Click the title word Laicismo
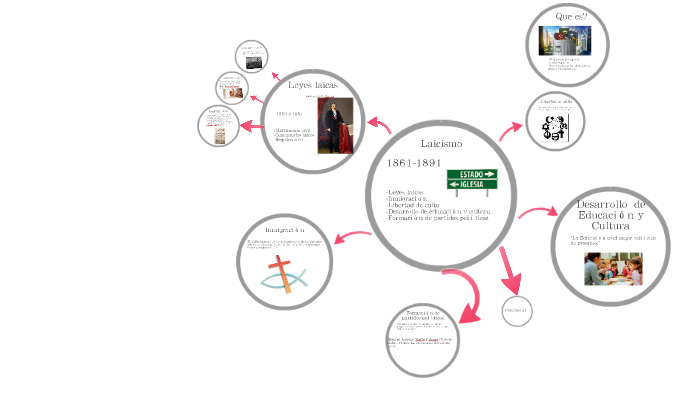441,145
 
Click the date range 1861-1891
414,163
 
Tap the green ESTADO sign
471,174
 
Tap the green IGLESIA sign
470,185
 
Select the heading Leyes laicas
312,86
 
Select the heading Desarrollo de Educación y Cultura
611,216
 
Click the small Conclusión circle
516,311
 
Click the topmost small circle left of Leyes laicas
250,57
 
